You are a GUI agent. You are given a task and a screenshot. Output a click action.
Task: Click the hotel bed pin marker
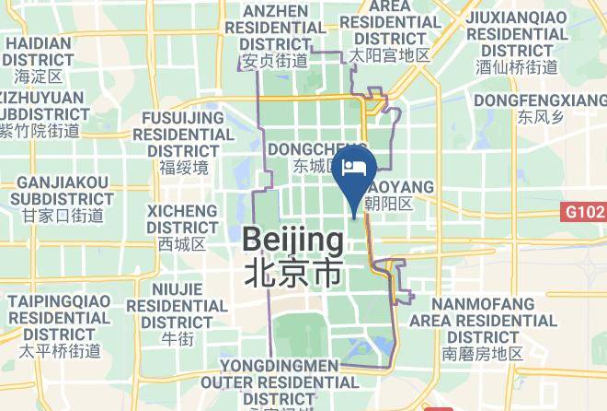(x=355, y=171)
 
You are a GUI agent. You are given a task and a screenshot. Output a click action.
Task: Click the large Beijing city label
(x=293, y=241)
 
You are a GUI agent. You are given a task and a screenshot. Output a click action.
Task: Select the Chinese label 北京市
(x=293, y=273)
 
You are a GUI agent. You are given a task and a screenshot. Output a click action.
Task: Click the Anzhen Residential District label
(x=274, y=29)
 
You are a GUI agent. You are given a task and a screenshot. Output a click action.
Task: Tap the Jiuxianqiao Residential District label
(x=517, y=33)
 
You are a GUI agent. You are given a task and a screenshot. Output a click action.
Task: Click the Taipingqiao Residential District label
(x=61, y=317)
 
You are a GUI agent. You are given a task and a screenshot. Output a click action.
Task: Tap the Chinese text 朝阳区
(x=387, y=204)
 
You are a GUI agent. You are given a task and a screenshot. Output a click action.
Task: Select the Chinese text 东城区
(x=317, y=167)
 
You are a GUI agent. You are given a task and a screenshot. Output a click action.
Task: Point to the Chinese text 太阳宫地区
(x=389, y=56)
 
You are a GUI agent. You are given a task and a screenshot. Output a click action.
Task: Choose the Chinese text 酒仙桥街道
(x=517, y=67)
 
